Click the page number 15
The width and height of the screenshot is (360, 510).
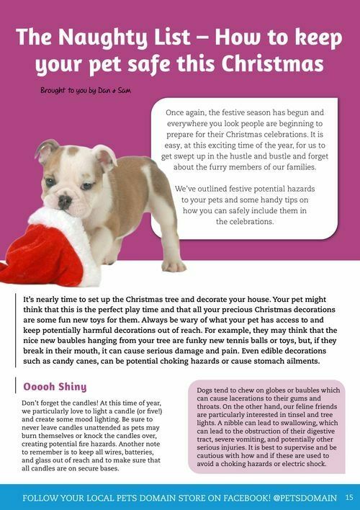tap(348, 497)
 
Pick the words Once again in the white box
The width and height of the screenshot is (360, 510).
tap(189, 114)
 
